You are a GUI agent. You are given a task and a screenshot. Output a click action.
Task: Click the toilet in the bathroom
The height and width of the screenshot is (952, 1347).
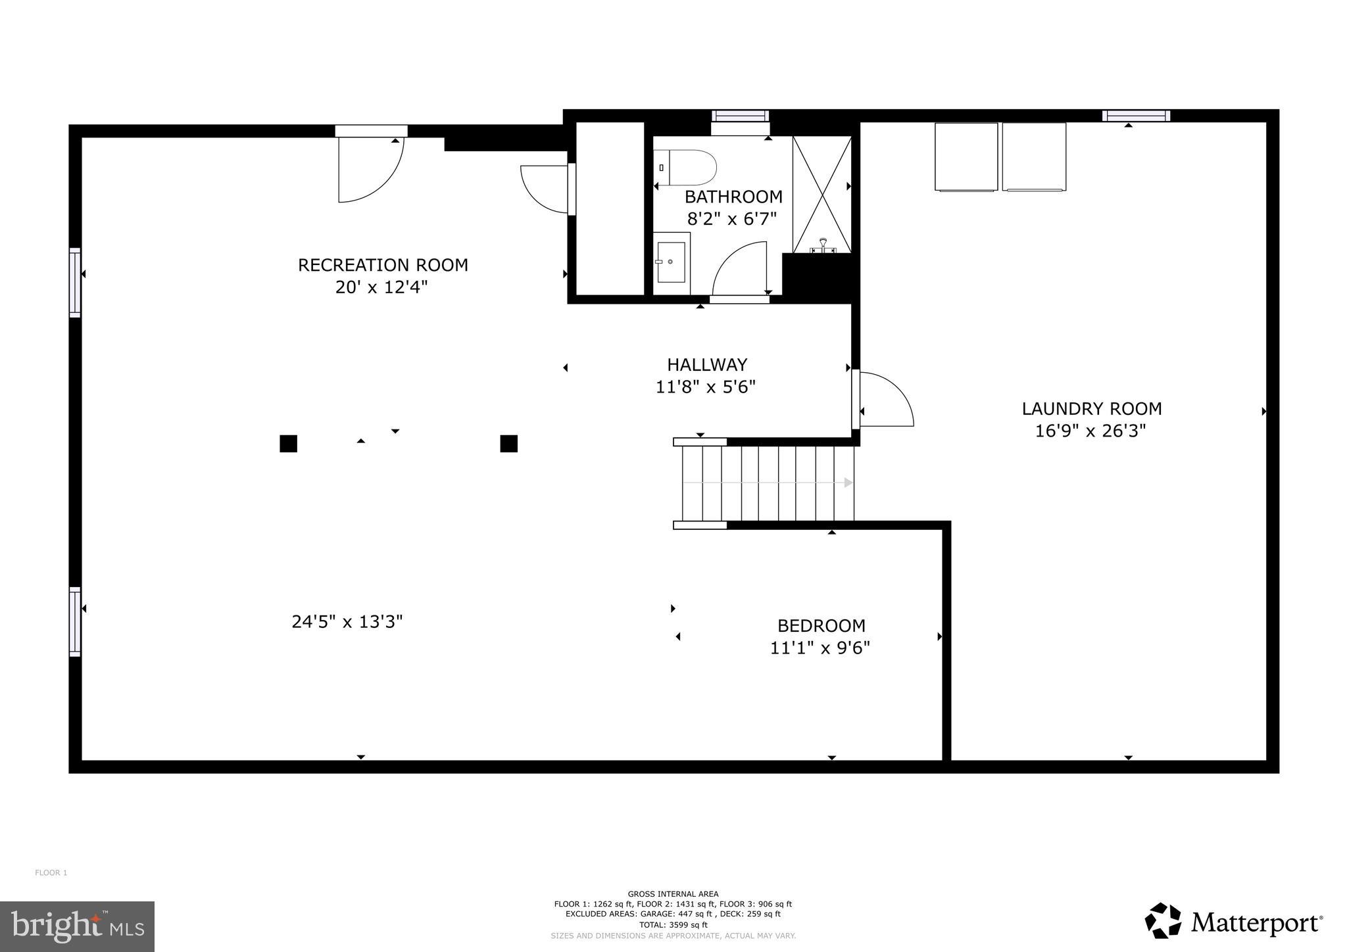[686, 168]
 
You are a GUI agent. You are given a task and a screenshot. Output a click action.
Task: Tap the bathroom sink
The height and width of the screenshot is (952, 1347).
[671, 262]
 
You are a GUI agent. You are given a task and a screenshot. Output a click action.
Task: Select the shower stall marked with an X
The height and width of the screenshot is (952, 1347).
[821, 194]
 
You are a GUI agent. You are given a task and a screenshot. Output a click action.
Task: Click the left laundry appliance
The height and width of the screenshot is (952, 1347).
[966, 156]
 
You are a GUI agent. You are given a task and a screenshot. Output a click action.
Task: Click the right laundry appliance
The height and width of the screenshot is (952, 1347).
[1034, 156]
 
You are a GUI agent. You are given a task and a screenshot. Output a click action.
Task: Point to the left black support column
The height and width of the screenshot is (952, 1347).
[288, 444]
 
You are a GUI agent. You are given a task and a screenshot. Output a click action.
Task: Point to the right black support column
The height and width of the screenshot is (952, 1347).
[508, 444]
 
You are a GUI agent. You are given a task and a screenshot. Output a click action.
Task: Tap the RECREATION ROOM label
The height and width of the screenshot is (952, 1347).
[383, 265]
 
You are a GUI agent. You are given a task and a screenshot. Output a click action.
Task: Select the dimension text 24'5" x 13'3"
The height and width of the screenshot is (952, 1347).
[347, 621]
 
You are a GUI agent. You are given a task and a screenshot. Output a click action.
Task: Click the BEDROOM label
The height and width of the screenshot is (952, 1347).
[821, 625]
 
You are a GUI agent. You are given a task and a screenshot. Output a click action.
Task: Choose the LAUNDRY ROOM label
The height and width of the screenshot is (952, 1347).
[1091, 408]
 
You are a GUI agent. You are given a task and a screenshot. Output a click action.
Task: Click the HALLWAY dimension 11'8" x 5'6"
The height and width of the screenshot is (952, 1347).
[705, 387]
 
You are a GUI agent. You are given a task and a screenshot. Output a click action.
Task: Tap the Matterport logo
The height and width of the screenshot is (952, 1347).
[1233, 922]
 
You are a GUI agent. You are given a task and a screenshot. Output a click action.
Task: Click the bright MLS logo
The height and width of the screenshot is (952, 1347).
[77, 926]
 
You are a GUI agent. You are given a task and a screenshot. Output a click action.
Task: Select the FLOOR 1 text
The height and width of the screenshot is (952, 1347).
[51, 873]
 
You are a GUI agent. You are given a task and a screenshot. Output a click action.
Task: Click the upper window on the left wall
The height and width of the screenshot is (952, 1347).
[75, 283]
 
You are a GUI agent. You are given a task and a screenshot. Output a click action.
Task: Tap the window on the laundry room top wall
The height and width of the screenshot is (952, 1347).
[1136, 116]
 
